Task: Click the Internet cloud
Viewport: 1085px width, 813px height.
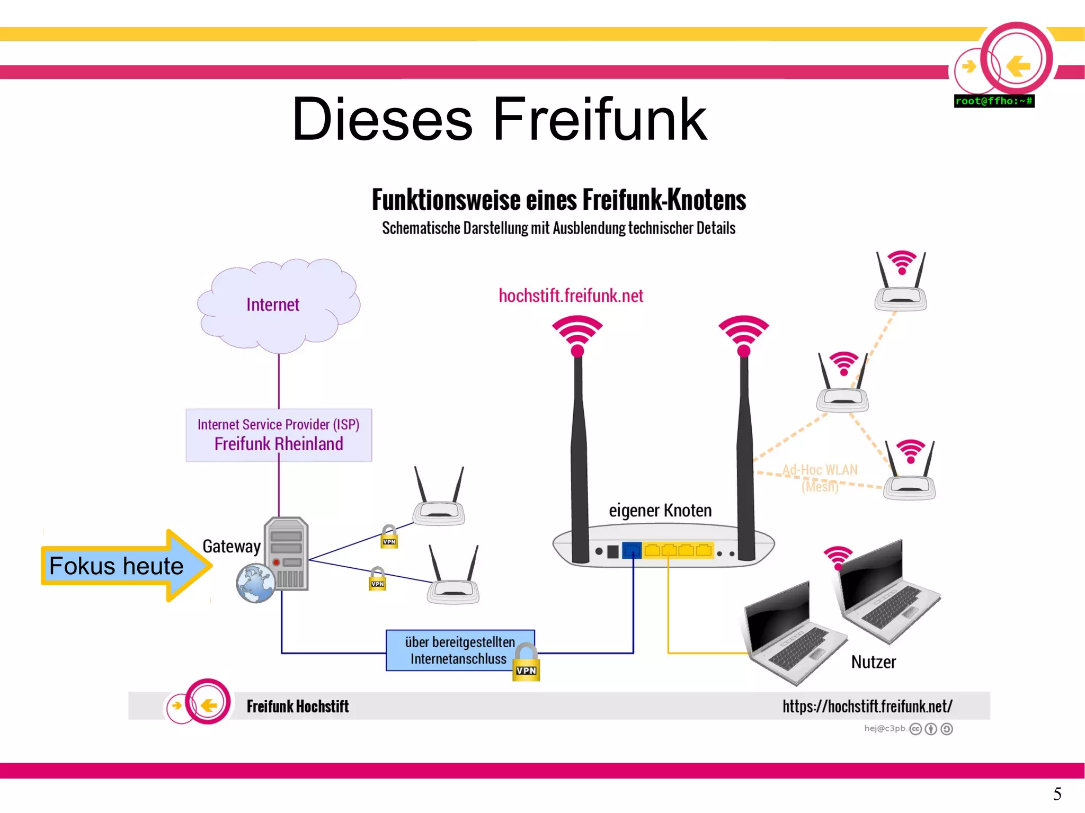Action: click(x=278, y=306)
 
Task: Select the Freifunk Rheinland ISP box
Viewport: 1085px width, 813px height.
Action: click(x=279, y=435)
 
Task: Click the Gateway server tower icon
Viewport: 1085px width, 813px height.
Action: click(x=287, y=553)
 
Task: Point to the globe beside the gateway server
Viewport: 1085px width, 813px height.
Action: click(x=255, y=584)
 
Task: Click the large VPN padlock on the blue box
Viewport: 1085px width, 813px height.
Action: click(x=526, y=663)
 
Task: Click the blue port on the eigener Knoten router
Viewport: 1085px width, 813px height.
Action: click(x=632, y=550)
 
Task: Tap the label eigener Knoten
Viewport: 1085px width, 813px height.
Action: click(x=660, y=511)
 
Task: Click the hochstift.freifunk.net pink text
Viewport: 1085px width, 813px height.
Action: click(x=571, y=296)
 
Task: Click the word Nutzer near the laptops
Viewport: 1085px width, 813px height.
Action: click(x=873, y=662)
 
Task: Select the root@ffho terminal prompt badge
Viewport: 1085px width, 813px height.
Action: click(x=994, y=101)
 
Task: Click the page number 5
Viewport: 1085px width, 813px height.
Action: click(x=1057, y=793)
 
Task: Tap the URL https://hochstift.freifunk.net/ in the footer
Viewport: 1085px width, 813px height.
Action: click(x=867, y=706)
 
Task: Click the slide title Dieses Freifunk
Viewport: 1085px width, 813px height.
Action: click(x=499, y=120)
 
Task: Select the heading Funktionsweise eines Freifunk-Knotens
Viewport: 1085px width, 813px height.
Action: click(x=558, y=200)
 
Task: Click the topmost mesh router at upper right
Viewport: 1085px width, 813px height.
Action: click(x=900, y=283)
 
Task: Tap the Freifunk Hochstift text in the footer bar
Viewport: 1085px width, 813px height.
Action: click(x=297, y=706)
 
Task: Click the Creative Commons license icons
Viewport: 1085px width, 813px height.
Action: click(x=931, y=729)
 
